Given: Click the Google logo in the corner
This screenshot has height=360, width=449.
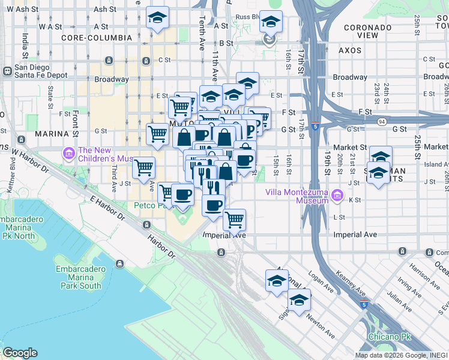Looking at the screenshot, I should (x=20, y=353).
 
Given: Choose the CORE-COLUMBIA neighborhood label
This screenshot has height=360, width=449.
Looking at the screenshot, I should (x=97, y=38).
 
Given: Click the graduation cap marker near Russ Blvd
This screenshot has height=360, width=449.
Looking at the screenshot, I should (x=271, y=23).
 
